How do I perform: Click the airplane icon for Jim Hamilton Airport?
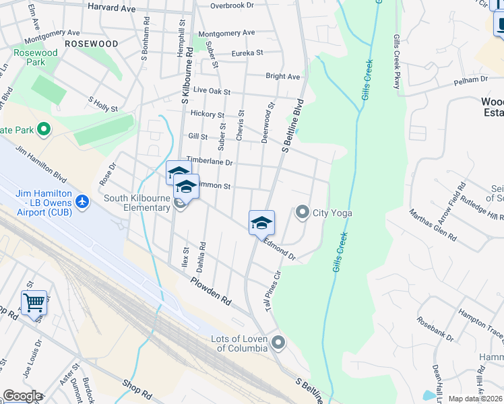pyautogui.click(x=82, y=201)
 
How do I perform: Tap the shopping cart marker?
pyautogui.click(x=34, y=302)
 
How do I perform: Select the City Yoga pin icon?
pyautogui.click(x=303, y=213)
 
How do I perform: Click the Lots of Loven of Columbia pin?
pyautogui.click(x=279, y=344)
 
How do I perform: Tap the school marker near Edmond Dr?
pyautogui.click(x=261, y=223)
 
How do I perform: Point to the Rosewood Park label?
pyautogui.click(x=36, y=58)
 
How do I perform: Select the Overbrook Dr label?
pyautogui.click(x=231, y=5)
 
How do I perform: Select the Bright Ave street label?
pyautogui.click(x=282, y=77)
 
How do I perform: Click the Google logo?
pyautogui.click(x=22, y=396)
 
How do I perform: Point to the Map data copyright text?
pyautogui.click(x=476, y=399)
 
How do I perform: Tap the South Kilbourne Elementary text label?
pyautogui.click(x=137, y=203)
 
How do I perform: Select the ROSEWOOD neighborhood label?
pyautogui.click(x=92, y=44)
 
